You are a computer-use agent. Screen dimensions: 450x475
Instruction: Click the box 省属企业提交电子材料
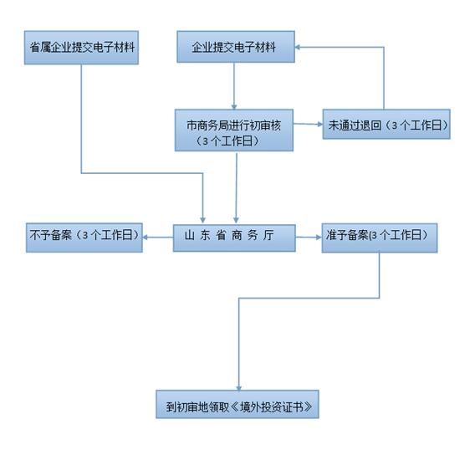click(80, 48)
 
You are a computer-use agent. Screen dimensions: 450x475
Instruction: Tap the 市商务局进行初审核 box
click(233, 130)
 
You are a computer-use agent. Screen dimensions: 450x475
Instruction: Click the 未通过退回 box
click(386, 125)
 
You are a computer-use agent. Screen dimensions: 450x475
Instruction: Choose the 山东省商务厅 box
click(234, 238)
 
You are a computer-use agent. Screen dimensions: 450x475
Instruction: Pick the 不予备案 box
click(83, 237)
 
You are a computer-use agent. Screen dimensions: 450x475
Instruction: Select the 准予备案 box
click(380, 237)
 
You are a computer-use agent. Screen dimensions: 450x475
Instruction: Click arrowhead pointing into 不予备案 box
click(146, 238)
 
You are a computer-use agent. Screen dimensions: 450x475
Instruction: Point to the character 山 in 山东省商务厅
click(190, 238)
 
